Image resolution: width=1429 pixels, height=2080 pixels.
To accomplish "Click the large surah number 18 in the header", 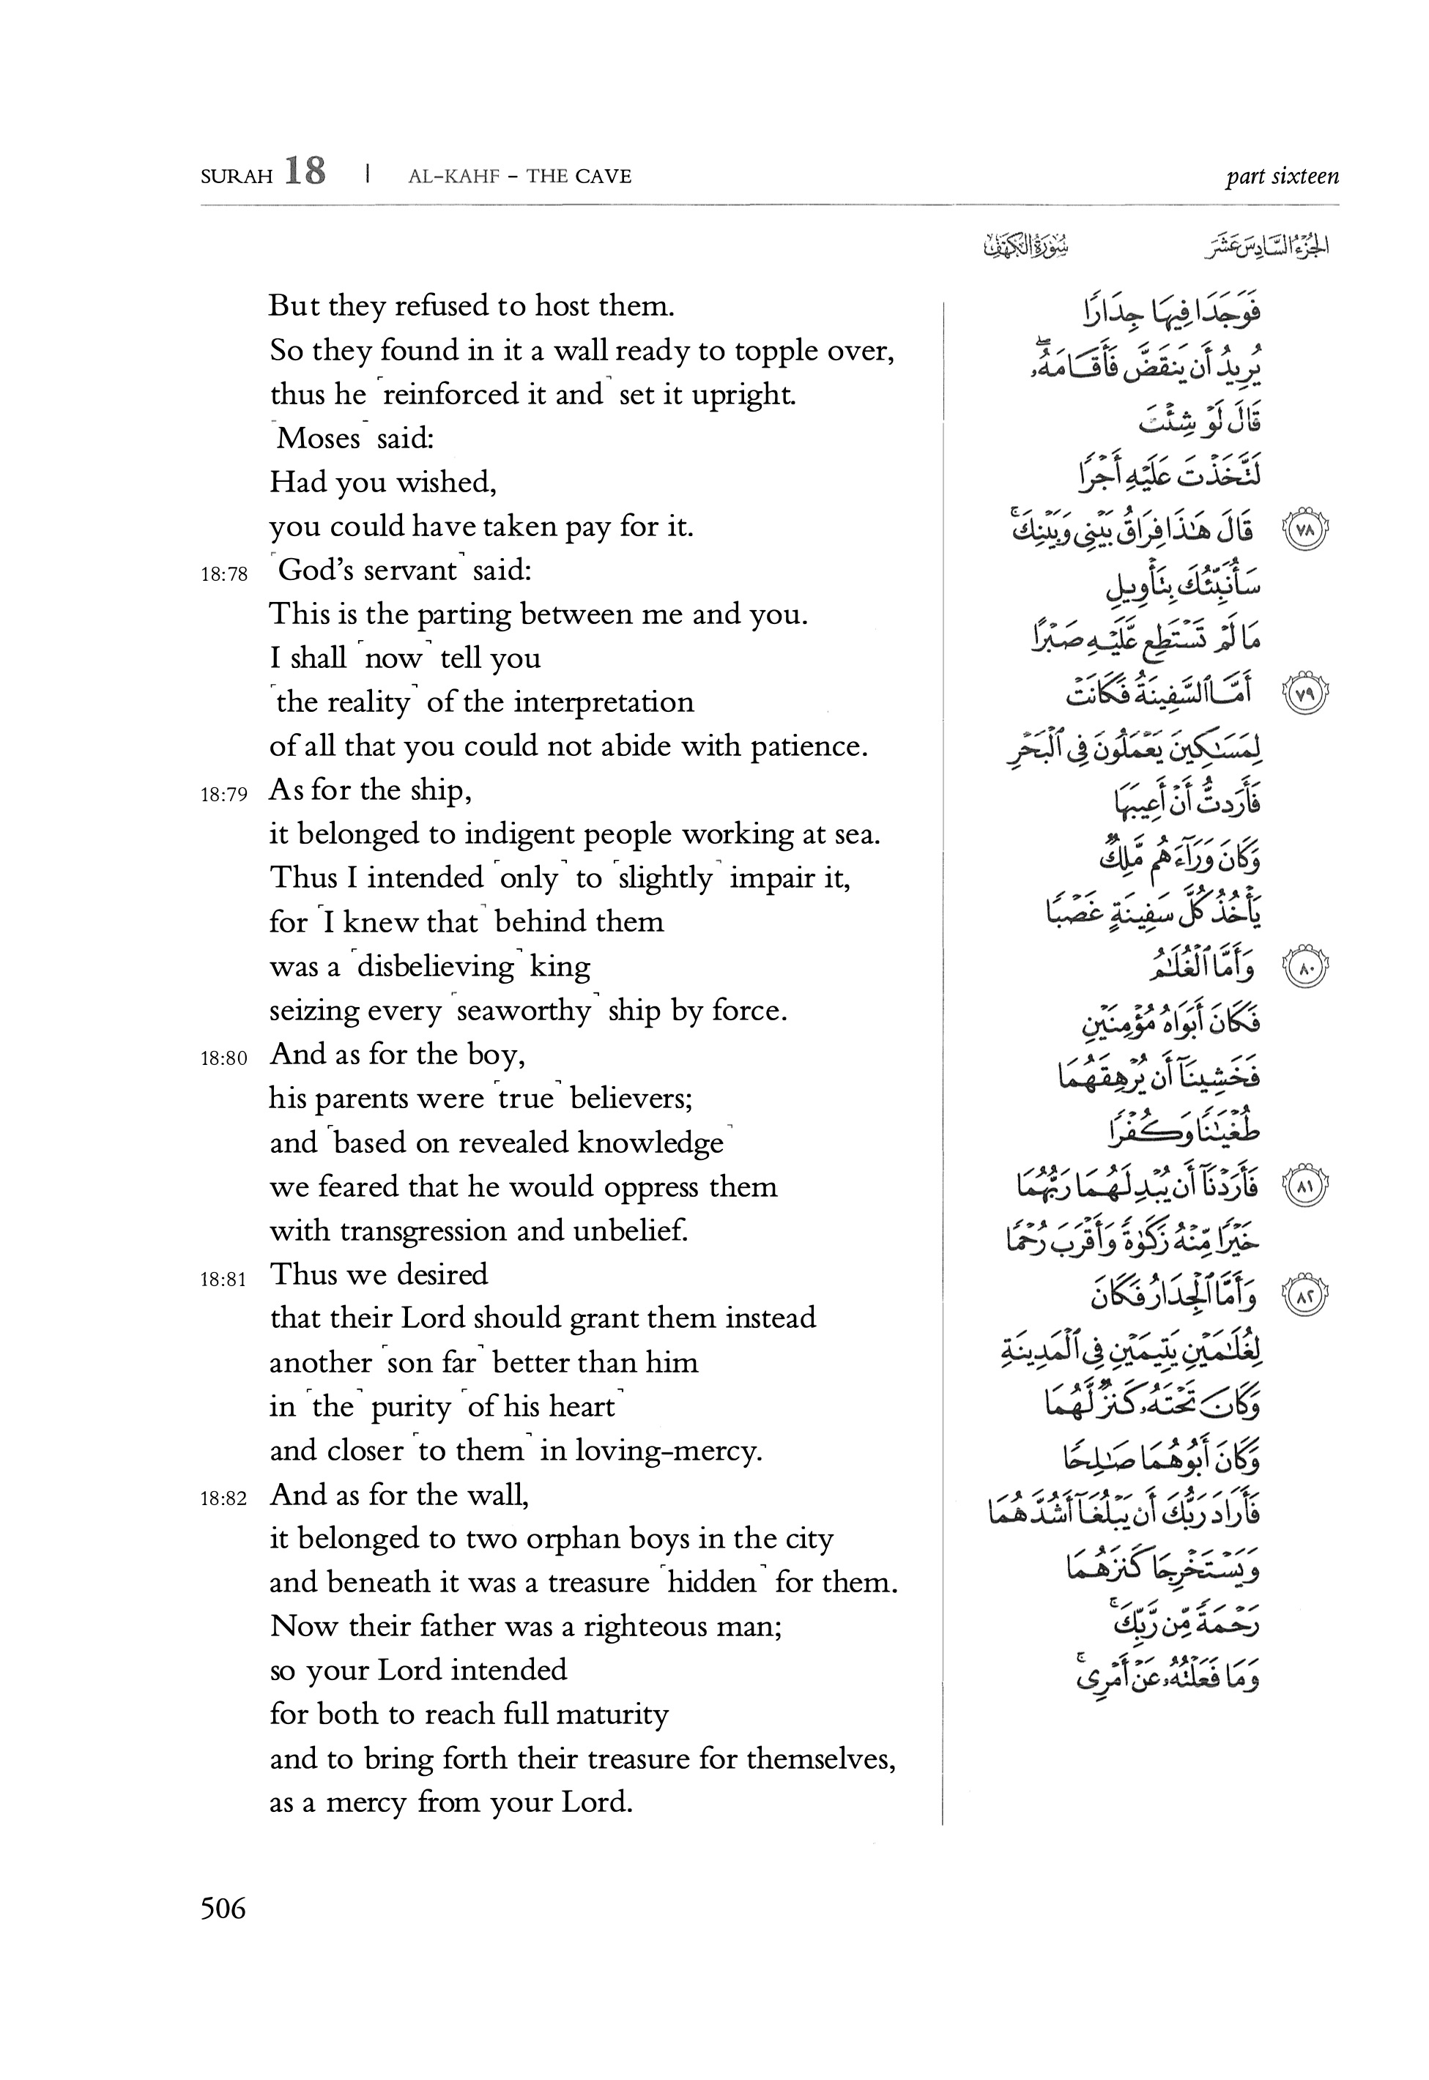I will point(305,171).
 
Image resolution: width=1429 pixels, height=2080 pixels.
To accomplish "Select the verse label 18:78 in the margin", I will point(224,575).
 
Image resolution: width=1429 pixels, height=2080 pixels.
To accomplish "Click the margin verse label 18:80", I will point(224,1059).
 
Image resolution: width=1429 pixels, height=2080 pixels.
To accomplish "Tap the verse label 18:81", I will point(224,1279).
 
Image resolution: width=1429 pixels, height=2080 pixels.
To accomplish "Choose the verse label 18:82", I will point(224,1500).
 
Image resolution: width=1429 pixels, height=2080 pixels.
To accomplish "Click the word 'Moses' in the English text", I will point(318,439).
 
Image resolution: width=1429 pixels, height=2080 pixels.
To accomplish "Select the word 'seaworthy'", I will point(524,1011).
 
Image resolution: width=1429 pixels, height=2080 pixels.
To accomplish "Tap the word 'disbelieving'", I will point(435,967).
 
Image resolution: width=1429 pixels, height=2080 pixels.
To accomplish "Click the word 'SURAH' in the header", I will point(237,177).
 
